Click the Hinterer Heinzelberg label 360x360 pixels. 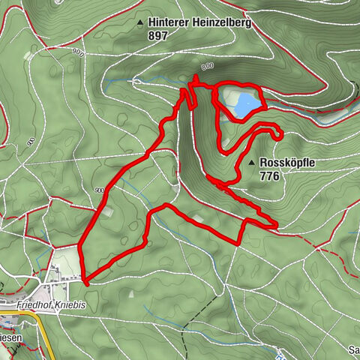point(199,23)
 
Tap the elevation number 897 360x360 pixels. point(158,35)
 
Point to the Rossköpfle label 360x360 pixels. point(289,163)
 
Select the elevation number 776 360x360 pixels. point(270,176)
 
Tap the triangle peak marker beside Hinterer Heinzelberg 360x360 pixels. point(140,23)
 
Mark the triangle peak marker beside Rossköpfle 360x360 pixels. point(250,163)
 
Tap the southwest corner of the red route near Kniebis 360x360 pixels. point(86,283)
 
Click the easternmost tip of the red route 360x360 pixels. point(276,224)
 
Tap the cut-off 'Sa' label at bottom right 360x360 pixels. point(354,350)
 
